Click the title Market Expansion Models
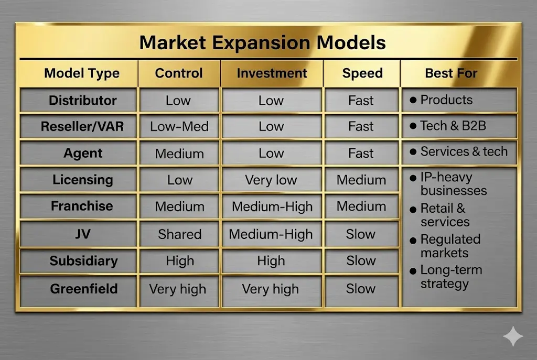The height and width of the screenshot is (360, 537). coord(262,42)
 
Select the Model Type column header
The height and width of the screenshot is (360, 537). coord(82,73)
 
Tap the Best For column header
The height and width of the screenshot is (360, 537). coord(451,73)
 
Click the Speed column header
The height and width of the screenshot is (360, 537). coord(362,73)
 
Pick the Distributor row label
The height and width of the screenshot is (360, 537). coord(82,100)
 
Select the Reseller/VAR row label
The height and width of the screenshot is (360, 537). coord(82,126)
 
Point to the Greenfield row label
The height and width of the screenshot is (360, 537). coord(83,289)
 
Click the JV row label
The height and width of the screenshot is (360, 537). coord(83,234)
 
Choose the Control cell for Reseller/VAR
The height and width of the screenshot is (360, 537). coord(179,126)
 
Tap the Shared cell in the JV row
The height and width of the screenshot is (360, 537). coord(179,234)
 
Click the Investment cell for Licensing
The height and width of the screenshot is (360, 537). coord(271,180)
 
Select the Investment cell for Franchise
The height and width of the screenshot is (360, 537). coord(272,206)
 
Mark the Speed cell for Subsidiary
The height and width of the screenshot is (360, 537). coord(361,261)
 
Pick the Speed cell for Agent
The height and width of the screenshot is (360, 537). coord(361,154)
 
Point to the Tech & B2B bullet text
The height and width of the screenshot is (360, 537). coord(453,126)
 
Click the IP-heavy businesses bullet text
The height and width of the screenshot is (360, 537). coord(453,184)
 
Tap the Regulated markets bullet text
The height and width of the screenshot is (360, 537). coord(450,246)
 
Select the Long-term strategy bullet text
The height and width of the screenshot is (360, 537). coord(451,277)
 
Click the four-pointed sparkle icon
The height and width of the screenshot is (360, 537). coord(512,336)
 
